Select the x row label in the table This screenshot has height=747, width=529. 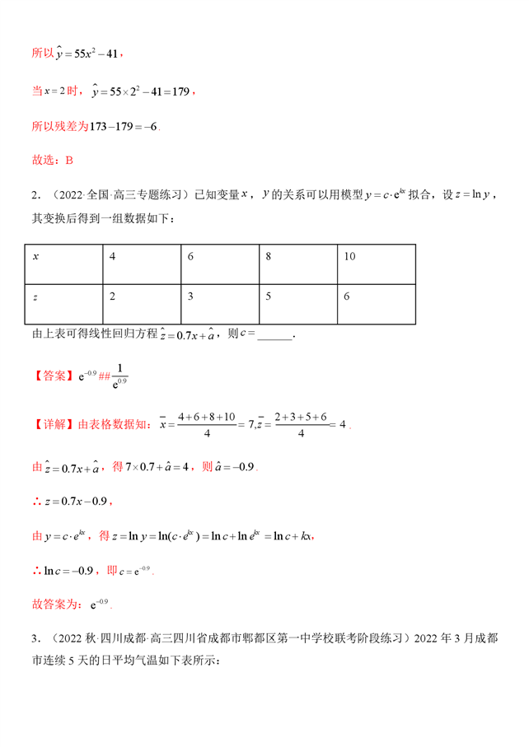click(x=35, y=257)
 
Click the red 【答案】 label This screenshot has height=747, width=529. click(x=53, y=376)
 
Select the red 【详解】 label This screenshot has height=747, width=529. click(x=53, y=425)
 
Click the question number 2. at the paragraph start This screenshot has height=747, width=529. click(x=35, y=195)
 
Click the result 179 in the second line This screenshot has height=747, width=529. click(x=181, y=92)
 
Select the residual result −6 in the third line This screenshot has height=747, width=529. click(x=148, y=126)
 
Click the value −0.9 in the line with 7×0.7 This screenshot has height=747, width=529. click(x=242, y=467)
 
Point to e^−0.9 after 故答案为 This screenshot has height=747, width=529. click(x=100, y=604)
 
